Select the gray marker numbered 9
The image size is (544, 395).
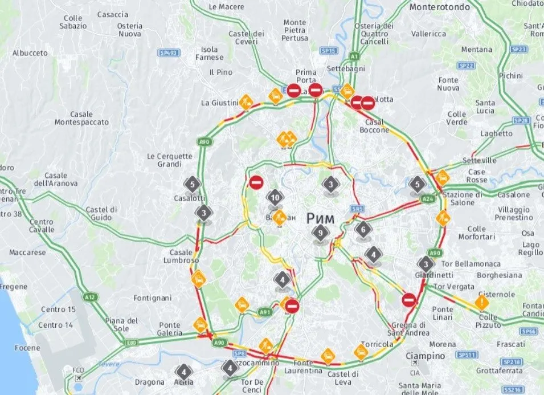pos(321,233)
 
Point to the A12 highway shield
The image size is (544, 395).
pos(89,297)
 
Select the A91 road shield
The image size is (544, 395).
pos(265,312)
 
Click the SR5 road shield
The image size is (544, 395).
pos(357,209)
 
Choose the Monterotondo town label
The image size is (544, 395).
pos(440,7)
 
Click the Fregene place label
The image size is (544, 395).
pos(13,287)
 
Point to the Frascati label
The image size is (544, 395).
pos(510,344)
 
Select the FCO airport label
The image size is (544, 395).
pos(77,369)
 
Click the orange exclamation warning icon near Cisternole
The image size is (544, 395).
pos(482,302)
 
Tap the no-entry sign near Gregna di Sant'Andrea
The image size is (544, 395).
pos(409,300)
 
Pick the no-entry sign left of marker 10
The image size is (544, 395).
pos(256,182)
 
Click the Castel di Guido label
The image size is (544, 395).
pos(101,214)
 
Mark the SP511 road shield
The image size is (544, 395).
pos(468,355)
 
